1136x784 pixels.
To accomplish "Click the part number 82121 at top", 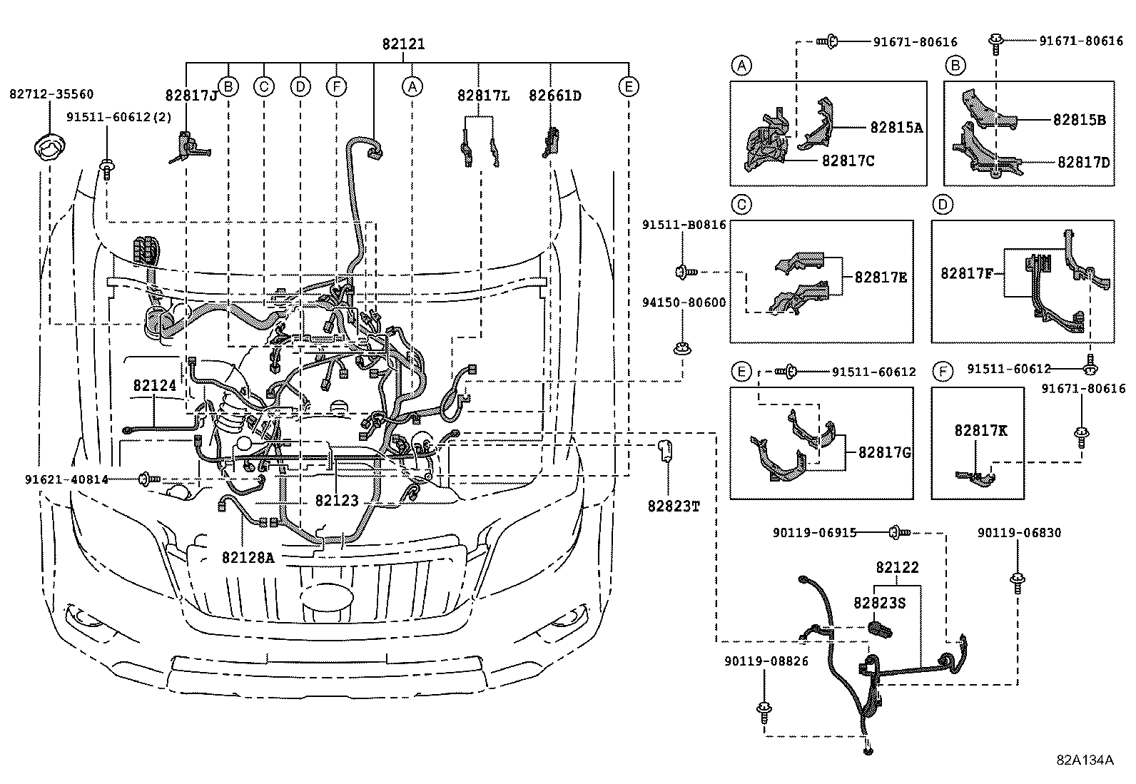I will [403, 44].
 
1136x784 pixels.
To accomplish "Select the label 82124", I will [154, 386].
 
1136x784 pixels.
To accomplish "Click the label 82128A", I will [248, 557].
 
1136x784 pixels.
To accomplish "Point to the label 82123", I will [337, 502].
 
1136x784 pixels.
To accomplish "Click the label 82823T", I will [674, 506].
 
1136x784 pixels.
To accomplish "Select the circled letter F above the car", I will [336, 87].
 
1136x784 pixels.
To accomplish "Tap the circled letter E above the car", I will [628, 87].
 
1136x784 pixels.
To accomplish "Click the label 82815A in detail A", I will [896, 128].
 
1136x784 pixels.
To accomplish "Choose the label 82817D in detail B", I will [1083, 163].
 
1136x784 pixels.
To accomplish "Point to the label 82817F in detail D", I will [968, 273].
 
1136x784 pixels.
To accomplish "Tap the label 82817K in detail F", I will [981, 431].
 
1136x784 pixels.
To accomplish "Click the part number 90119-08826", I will [764, 661].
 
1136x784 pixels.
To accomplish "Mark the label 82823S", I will [879, 603].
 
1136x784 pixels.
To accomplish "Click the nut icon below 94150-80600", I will [681, 350].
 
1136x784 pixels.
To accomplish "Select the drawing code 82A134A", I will [1085, 760].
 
